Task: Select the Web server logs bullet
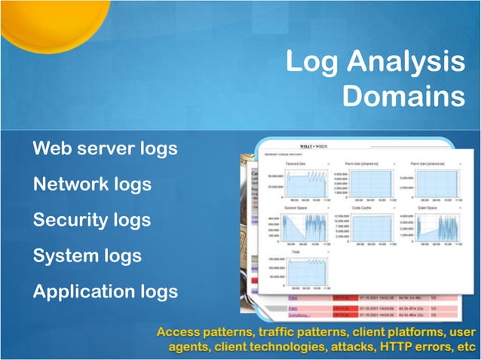[105, 148]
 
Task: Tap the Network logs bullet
[92, 184]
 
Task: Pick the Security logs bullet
[91, 220]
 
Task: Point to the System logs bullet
[87, 256]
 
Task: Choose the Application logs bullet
[105, 291]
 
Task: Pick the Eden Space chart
[433, 227]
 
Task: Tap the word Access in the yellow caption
[179, 332]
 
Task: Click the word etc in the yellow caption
[467, 347]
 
